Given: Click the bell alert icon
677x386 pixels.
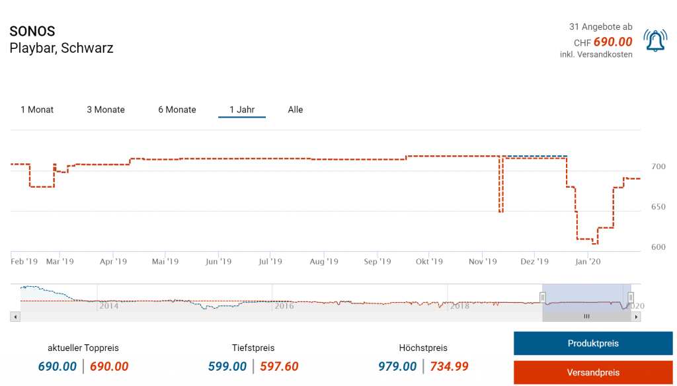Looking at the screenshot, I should click(x=655, y=41).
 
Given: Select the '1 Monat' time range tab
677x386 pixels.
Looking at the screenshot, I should click(x=37, y=110).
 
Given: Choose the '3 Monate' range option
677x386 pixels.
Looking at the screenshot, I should click(x=106, y=110).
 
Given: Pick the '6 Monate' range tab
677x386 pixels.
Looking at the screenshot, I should click(x=177, y=110).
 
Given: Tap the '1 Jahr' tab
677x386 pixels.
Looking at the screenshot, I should click(x=242, y=110).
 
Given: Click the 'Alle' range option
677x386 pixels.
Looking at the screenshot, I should click(x=296, y=110).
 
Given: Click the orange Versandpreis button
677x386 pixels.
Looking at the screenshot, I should click(x=593, y=372).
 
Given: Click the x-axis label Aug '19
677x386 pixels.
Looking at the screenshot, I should click(x=323, y=262).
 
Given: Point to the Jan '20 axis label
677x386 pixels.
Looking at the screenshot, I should click(x=588, y=262).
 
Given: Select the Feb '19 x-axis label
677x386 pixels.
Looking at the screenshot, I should click(x=24, y=262).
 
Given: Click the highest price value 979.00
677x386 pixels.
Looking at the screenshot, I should click(x=397, y=366).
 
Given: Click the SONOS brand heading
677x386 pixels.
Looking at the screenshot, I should click(x=32, y=32).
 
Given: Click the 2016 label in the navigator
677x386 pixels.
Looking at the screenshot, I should click(x=284, y=306).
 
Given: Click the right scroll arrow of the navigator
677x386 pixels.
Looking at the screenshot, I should click(x=636, y=317).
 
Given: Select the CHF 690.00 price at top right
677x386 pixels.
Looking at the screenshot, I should click(x=612, y=42).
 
